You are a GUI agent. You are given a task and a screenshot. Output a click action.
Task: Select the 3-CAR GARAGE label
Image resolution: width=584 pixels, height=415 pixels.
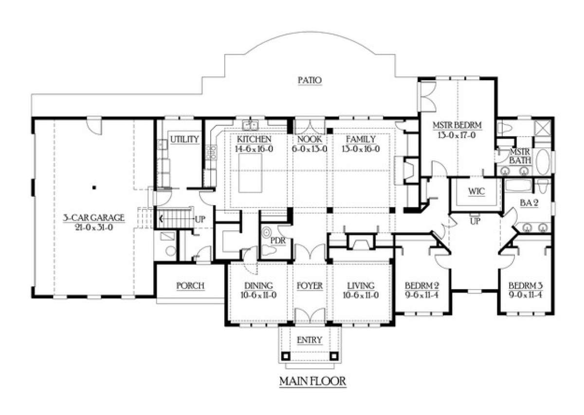tap(94, 218)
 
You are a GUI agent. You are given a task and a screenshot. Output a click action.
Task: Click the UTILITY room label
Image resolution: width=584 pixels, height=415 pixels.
tap(185, 140)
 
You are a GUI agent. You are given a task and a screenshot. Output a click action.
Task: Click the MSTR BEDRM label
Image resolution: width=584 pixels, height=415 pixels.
tap(457, 125)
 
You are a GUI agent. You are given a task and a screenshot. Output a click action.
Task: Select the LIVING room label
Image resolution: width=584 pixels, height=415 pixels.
tap(361, 286)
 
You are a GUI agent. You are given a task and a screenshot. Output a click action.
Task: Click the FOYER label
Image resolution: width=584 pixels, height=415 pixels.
tap(310, 286)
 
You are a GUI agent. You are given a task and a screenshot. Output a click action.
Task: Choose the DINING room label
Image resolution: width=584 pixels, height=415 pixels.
tap(258, 286)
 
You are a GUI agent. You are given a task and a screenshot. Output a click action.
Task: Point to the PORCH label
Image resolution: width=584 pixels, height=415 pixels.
tap(190, 286)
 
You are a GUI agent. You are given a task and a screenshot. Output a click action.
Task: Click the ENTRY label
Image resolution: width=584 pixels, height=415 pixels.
tap(310, 340)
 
